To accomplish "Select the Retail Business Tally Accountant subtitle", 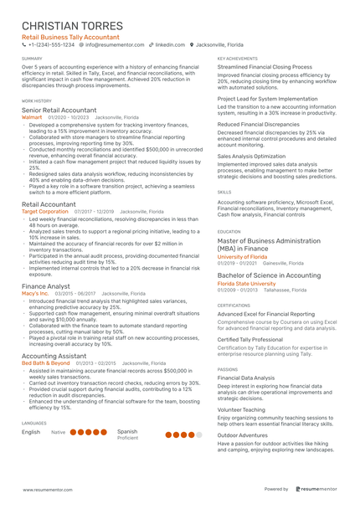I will point(70,38).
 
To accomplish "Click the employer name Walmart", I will point(33,118).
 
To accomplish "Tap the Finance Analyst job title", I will point(46,286).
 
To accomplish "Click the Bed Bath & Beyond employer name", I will point(46,363).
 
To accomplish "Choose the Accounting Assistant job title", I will point(54,356).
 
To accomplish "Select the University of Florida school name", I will point(243,256).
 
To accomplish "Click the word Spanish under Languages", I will point(127,431).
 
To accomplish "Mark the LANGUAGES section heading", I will point(34,424).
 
